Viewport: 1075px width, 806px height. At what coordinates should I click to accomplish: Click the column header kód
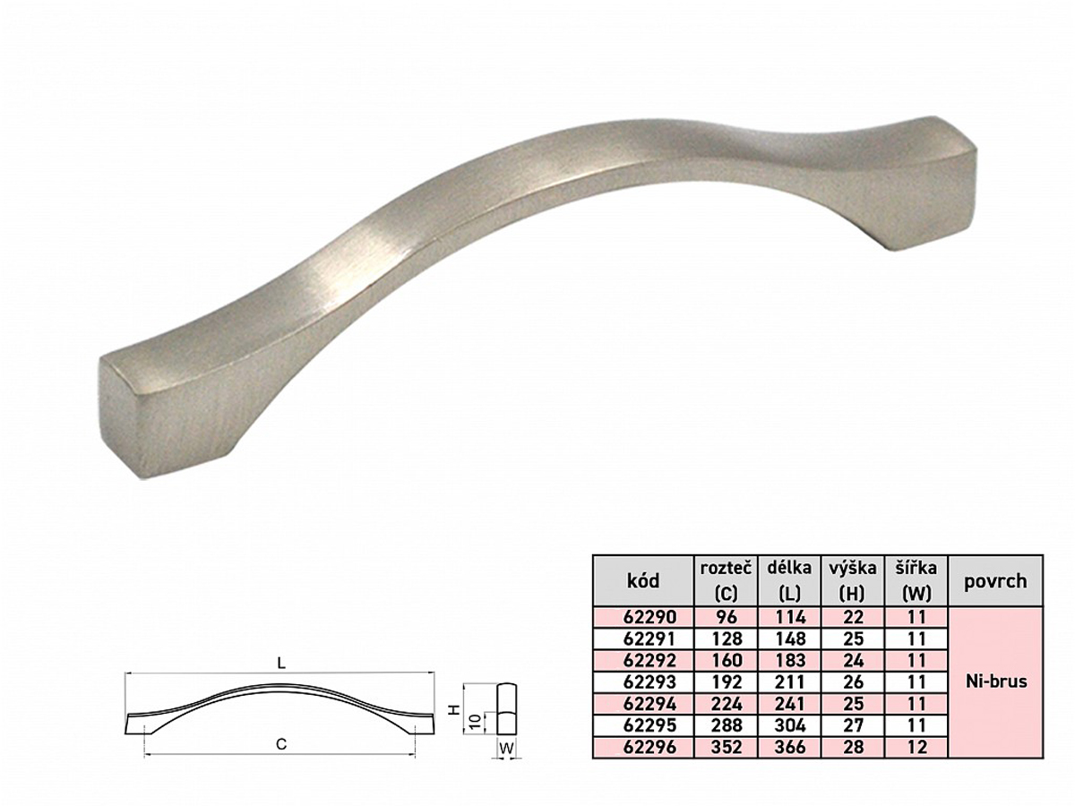(643, 581)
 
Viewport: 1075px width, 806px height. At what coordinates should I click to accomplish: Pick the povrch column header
(995, 581)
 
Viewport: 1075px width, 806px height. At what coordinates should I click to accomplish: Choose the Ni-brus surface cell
(995, 682)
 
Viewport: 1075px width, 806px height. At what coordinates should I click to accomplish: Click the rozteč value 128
(726, 639)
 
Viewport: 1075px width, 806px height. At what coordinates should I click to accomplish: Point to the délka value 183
(790, 661)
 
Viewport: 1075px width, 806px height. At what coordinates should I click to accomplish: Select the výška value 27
(853, 725)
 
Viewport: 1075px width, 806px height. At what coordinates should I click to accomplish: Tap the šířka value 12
(916, 747)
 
